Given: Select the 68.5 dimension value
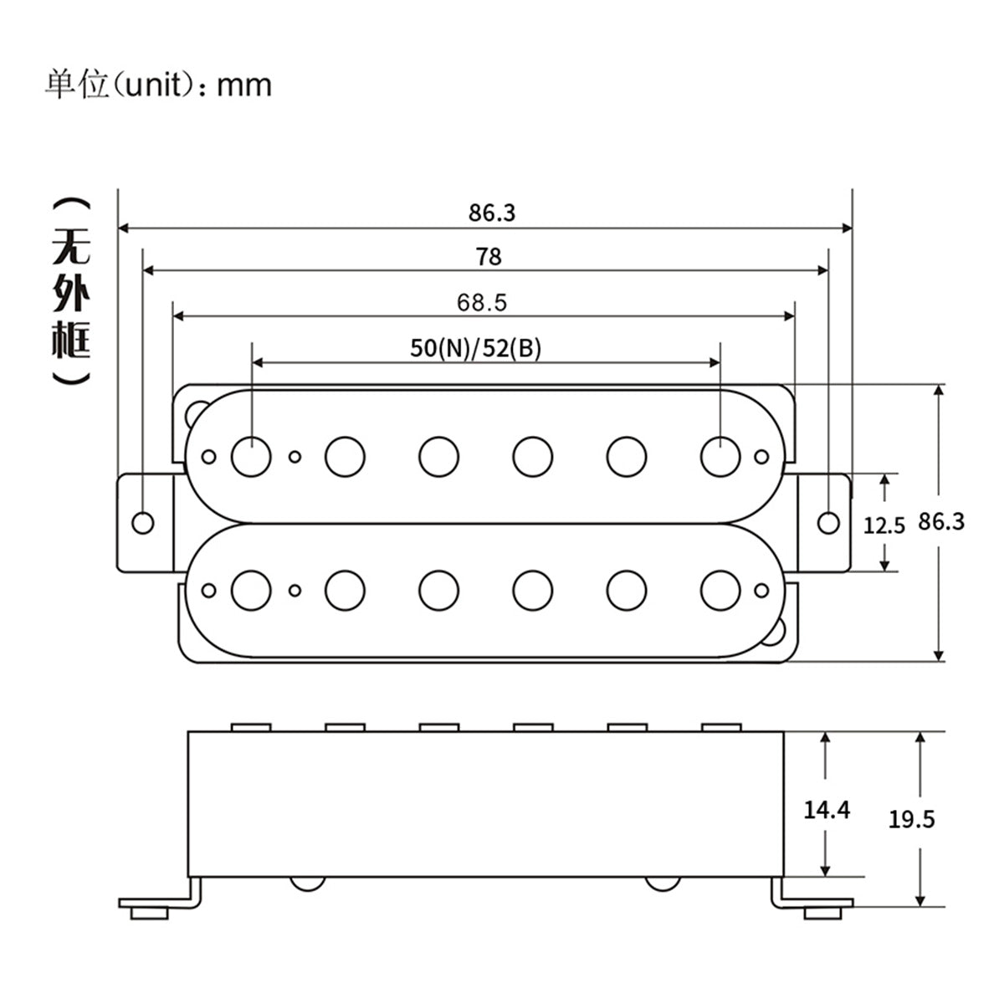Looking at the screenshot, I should click(482, 302).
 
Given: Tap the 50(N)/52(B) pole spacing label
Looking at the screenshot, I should click(475, 348).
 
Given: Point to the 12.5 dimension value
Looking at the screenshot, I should click(884, 525).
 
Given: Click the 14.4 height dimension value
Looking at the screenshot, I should click(827, 809).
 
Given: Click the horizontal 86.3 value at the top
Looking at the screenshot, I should click(492, 213).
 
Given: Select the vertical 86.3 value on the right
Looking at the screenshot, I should click(941, 521).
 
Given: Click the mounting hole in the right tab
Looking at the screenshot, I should click(828, 522).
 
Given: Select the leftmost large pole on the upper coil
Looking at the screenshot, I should click(251, 455).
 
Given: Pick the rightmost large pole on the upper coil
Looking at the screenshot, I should click(720, 455).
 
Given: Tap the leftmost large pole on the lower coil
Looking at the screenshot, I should click(251, 590).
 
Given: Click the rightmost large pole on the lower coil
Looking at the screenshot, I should click(720, 590).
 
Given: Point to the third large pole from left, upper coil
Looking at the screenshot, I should click(438, 455).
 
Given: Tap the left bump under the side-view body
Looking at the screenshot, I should click(307, 883).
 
